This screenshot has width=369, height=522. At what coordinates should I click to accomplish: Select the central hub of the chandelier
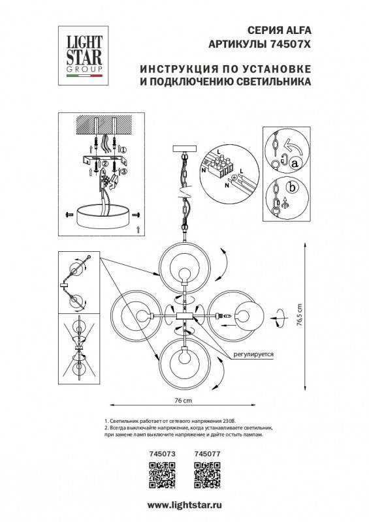185,316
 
